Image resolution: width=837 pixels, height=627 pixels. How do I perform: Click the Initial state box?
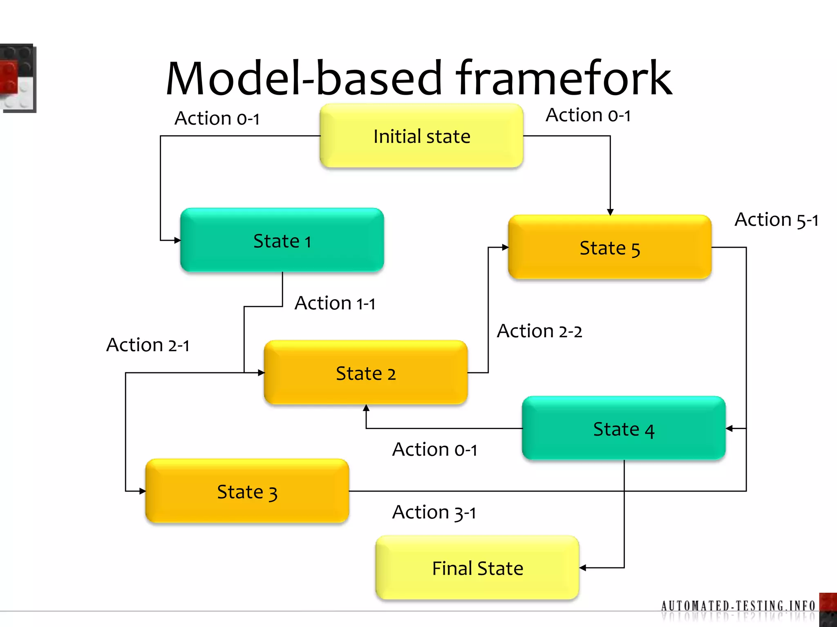pos(421,136)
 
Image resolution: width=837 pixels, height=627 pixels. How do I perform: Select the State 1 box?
pos(282,240)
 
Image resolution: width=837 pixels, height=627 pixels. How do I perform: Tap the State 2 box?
pos(366,373)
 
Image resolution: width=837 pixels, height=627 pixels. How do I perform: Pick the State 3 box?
pos(247,491)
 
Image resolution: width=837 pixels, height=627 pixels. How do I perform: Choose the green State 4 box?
pos(624,429)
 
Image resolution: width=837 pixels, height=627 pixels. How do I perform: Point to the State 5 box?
pos(610,247)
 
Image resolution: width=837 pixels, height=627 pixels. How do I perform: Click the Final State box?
pos(477,568)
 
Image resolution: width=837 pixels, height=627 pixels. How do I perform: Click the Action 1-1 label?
pos(335,303)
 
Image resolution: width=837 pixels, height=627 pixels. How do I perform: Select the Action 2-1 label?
pos(148,345)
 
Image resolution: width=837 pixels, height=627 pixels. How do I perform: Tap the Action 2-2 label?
pos(539,331)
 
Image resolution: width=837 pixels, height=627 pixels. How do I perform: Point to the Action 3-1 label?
pos(434,512)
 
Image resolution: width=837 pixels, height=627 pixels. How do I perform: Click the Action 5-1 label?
pos(776,220)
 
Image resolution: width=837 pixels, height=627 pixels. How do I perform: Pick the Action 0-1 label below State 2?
pos(434,449)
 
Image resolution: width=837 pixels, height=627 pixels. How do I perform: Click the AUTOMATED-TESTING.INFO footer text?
pos(738,605)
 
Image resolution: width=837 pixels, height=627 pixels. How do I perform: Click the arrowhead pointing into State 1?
pos(177,240)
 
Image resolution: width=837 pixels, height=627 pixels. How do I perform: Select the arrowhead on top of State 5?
pos(610,212)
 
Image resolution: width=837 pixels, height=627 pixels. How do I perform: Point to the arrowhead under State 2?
pos(366,408)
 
